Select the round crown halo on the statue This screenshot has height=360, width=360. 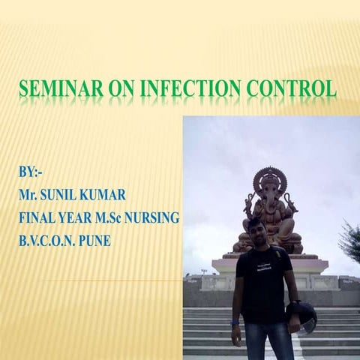(269, 180)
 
